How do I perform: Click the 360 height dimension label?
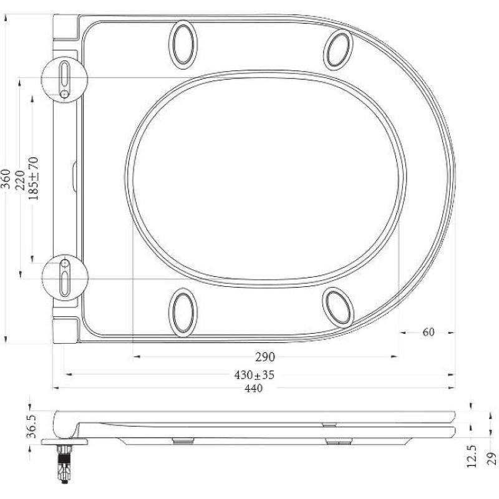pyautogui.click(x=7, y=180)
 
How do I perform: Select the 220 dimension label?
pyautogui.click(x=20, y=180)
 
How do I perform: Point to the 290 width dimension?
pyautogui.click(x=264, y=357)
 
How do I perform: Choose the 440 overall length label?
pyautogui.click(x=253, y=388)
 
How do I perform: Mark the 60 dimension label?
pyautogui.click(x=428, y=332)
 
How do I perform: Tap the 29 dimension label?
pyautogui.click(x=492, y=459)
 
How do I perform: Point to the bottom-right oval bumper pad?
pyautogui.click(x=337, y=306)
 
